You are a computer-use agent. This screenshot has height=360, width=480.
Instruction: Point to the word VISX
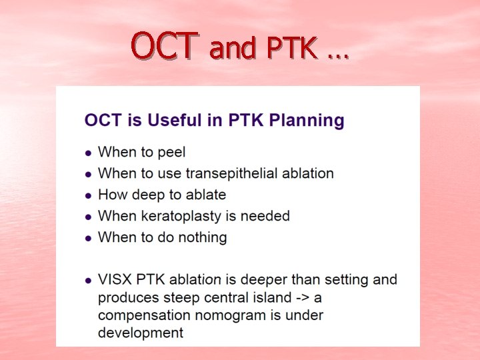point(115,279)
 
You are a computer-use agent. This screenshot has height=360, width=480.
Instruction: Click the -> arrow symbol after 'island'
point(311,297)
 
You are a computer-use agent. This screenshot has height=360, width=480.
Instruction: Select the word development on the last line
point(141,332)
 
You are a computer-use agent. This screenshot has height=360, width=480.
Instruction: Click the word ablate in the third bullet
point(205,195)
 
